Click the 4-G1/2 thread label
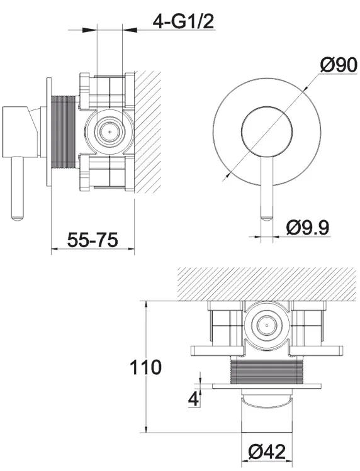click(x=183, y=21)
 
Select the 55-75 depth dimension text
click(x=93, y=240)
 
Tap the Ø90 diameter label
click(x=339, y=65)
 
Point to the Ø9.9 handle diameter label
click(x=308, y=228)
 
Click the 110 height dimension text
click(x=145, y=367)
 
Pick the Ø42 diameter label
click(x=267, y=452)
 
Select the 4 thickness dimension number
click(x=194, y=399)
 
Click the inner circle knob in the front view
click(x=267, y=131)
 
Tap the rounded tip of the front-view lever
click(x=267, y=218)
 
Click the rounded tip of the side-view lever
click(x=17, y=218)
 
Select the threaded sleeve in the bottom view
click(x=267, y=371)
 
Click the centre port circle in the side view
click(x=109, y=131)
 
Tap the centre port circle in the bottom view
click(x=267, y=325)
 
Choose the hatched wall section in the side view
click(x=147, y=132)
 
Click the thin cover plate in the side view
click(x=49, y=132)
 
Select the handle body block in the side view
click(x=20, y=131)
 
